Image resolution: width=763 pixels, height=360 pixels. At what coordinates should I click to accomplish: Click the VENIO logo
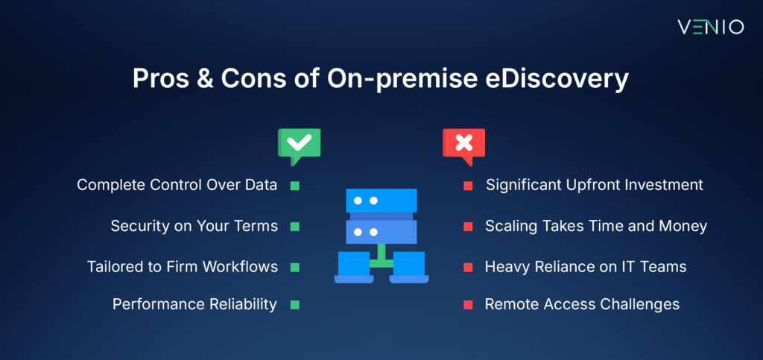(710, 27)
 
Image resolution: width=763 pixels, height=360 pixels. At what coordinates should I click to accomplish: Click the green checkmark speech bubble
(299, 144)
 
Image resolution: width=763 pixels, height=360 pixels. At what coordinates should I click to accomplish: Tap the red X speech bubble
(463, 144)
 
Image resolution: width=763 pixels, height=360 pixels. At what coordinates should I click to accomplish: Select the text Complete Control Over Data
(177, 185)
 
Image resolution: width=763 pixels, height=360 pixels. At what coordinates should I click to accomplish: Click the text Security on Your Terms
(194, 225)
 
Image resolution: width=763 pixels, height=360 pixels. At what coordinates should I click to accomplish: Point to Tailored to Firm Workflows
(183, 265)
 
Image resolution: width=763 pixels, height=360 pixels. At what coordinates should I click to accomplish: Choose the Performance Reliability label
(194, 304)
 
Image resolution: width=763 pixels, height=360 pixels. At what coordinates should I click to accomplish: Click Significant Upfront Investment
(594, 185)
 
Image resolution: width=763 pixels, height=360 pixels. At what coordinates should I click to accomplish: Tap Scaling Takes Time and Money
(595, 225)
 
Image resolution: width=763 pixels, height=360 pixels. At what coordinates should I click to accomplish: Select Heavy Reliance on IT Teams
(586, 265)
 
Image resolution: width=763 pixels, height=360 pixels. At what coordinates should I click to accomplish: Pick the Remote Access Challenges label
(582, 304)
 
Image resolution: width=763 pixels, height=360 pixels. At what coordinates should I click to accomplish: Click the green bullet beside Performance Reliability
(294, 304)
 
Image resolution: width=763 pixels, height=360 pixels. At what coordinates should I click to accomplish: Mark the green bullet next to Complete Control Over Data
(294, 186)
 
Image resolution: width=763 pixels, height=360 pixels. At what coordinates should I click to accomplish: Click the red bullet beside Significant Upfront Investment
(468, 186)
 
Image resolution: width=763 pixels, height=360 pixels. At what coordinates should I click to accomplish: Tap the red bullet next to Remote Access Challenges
(468, 304)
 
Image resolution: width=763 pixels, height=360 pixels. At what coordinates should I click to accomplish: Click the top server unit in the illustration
(381, 201)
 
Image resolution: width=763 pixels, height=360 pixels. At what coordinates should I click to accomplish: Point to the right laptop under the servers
(408, 267)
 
